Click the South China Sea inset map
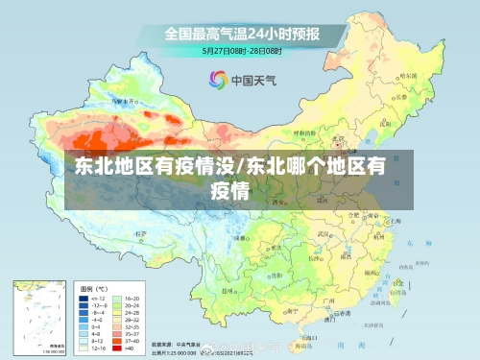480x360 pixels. [39, 316]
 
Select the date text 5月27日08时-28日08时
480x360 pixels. [241, 49]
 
